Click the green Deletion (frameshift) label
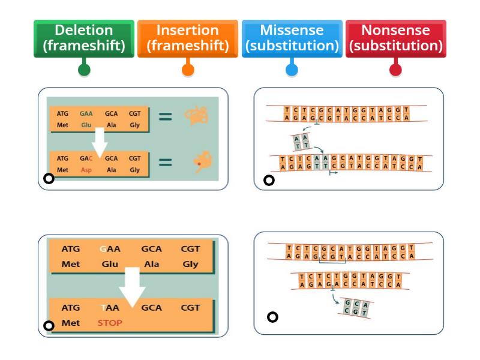pyautogui.click(x=84, y=38)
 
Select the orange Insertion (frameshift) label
pyautogui.click(x=188, y=38)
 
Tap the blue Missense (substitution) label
pyautogui.click(x=292, y=38)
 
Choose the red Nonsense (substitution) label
pyautogui.click(x=395, y=38)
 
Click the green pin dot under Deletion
pyautogui.click(x=84, y=70)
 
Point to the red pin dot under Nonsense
pyautogui.click(x=395, y=70)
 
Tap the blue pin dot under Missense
pyautogui.click(x=292, y=70)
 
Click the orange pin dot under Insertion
pyautogui.click(x=188, y=70)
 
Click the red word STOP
pyautogui.click(x=110, y=323)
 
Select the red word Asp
pyautogui.click(x=86, y=170)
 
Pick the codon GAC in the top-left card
pyautogui.click(x=86, y=159)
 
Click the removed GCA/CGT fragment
pyautogui.click(x=356, y=308)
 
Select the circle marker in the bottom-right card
pyautogui.click(x=272, y=317)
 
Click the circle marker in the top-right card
pyautogui.click(x=269, y=180)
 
